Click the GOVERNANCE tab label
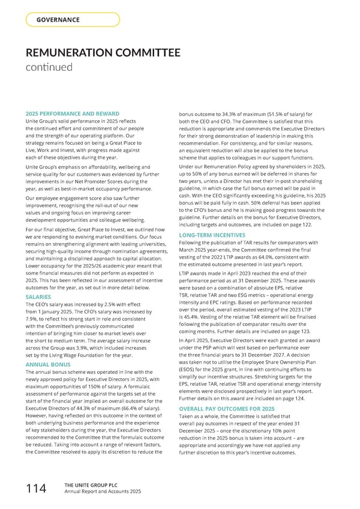pos(58,20)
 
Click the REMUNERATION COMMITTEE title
pos(103,53)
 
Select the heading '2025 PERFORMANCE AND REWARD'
pos(72,114)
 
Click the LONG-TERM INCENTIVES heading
pos(214,235)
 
